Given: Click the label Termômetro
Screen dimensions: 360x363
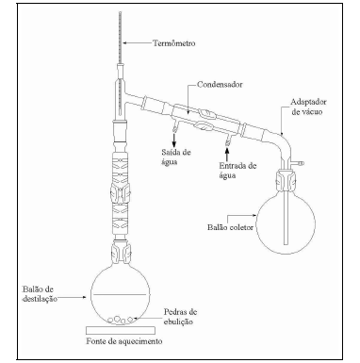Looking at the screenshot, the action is click(x=174, y=43).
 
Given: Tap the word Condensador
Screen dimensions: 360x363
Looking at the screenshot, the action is click(x=220, y=85).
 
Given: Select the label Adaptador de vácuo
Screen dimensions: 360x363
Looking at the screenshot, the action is click(x=308, y=107).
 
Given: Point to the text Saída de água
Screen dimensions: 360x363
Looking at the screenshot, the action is click(x=176, y=157).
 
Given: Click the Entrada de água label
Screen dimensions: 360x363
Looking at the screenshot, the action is click(x=237, y=171).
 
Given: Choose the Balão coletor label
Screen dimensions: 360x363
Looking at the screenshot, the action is click(x=230, y=227).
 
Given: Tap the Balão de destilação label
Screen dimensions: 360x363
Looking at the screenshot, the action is click(x=40, y=294).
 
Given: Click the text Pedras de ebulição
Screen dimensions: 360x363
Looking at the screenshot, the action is click(x=180, y=317).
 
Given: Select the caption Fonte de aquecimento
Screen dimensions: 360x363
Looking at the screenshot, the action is click(x=124, y=341).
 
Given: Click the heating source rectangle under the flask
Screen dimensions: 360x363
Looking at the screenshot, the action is click(x=121, y=330).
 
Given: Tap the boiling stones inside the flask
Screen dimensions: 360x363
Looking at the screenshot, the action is click(x=120, y=320).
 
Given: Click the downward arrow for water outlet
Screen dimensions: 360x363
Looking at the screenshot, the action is click(x=173, y=139).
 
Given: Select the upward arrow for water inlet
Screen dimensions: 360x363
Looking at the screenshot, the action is click(x=227, y=154).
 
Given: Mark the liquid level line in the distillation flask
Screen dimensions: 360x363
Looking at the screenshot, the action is click(x=120, y=294).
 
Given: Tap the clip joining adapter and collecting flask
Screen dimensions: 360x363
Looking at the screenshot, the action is click(x=286, y=181).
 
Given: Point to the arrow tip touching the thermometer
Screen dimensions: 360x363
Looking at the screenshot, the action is click(x=123, y=42).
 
